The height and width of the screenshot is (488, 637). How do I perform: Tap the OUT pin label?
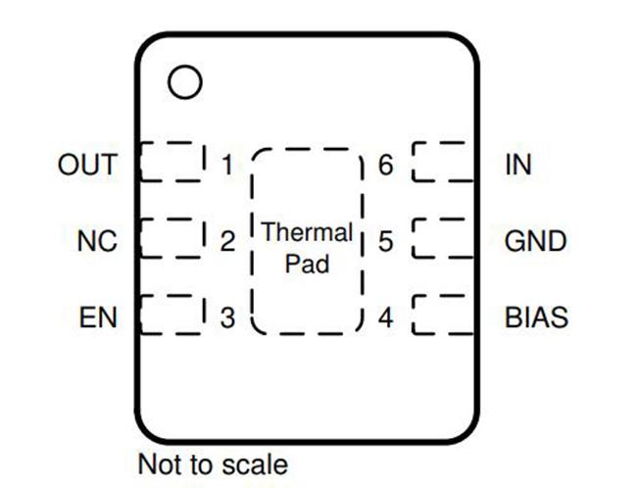coord(88,165)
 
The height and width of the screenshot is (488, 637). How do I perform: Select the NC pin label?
coord(97,241)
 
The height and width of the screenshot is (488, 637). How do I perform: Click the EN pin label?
coord(98,317)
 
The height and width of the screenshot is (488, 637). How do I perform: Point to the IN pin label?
coord(518,165)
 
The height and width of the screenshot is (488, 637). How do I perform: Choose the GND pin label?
coord(535,241)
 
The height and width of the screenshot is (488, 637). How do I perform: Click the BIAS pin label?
coord(536,317)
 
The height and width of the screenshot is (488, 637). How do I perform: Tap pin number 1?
coord(228,165)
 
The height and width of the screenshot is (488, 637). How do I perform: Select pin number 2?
coord(227,241)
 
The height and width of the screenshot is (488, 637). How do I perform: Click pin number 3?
coord(227,317)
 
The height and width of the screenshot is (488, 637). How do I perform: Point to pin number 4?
coord(385,317)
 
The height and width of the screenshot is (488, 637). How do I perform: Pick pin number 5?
coord(385,241)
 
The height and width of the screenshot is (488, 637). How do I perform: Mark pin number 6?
coord(385,165)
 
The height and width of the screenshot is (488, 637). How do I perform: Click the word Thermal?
coord(307,232)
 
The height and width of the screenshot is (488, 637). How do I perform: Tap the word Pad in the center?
coord(307,265)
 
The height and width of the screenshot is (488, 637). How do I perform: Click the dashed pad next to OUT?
coord(140,163)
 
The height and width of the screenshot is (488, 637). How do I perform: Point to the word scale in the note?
coord(255,464)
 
